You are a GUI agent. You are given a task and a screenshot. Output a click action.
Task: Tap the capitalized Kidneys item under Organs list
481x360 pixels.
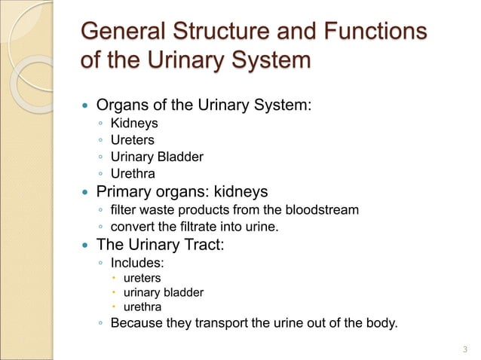pyautogui.click(x=134, y=124)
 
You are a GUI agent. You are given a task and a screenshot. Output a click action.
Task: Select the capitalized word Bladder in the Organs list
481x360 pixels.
pyautogui.click(x=181, y=157)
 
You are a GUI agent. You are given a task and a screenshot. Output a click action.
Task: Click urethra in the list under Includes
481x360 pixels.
pyautogui.click(x=142, y=307)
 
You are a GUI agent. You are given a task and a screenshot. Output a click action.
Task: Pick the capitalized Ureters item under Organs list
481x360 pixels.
pyautogui.click(x=133, y=140)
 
